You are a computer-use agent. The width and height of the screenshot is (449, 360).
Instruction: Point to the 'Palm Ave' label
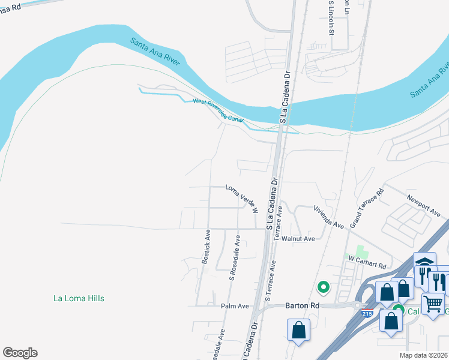coord(235,306)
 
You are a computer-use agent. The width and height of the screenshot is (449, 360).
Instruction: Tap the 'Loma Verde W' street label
coord(242,199)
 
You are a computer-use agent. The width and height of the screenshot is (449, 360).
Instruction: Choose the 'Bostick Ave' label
coord(206,245)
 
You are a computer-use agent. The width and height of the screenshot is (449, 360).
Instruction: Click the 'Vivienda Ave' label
coord(328,217)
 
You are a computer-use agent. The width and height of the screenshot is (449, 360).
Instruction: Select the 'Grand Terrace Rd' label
coord(367,208)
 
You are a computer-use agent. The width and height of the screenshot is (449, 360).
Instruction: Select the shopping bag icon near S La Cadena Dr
coord(298,330)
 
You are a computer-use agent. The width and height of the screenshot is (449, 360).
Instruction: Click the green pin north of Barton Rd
coord(323,289)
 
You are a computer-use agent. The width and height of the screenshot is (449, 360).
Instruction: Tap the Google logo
coord(20,353)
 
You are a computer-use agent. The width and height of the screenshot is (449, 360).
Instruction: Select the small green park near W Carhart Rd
coord(361,251)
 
